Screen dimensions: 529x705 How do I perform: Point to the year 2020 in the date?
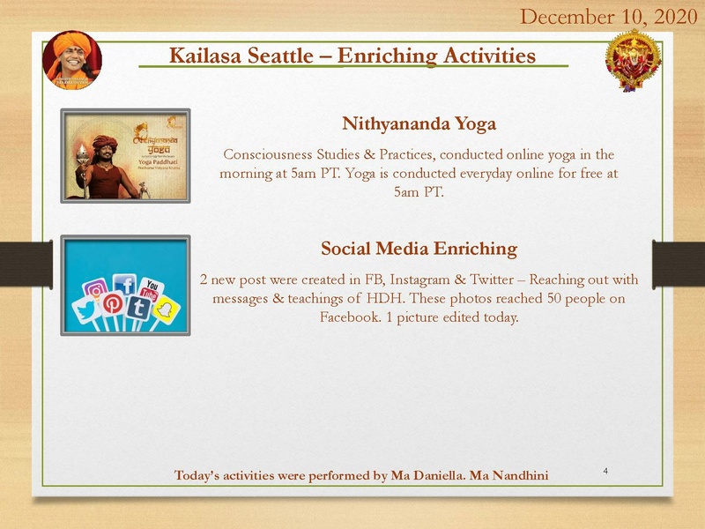(672, 16)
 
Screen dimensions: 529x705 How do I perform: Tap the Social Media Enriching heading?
(419, 248)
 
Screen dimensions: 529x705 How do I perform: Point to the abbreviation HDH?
(383, 299)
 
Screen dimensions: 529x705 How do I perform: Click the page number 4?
(606, 472)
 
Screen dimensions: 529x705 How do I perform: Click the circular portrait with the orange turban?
(72, 60)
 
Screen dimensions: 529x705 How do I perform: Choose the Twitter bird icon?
(85, 311)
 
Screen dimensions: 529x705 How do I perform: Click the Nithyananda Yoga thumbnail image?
(125, 157)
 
